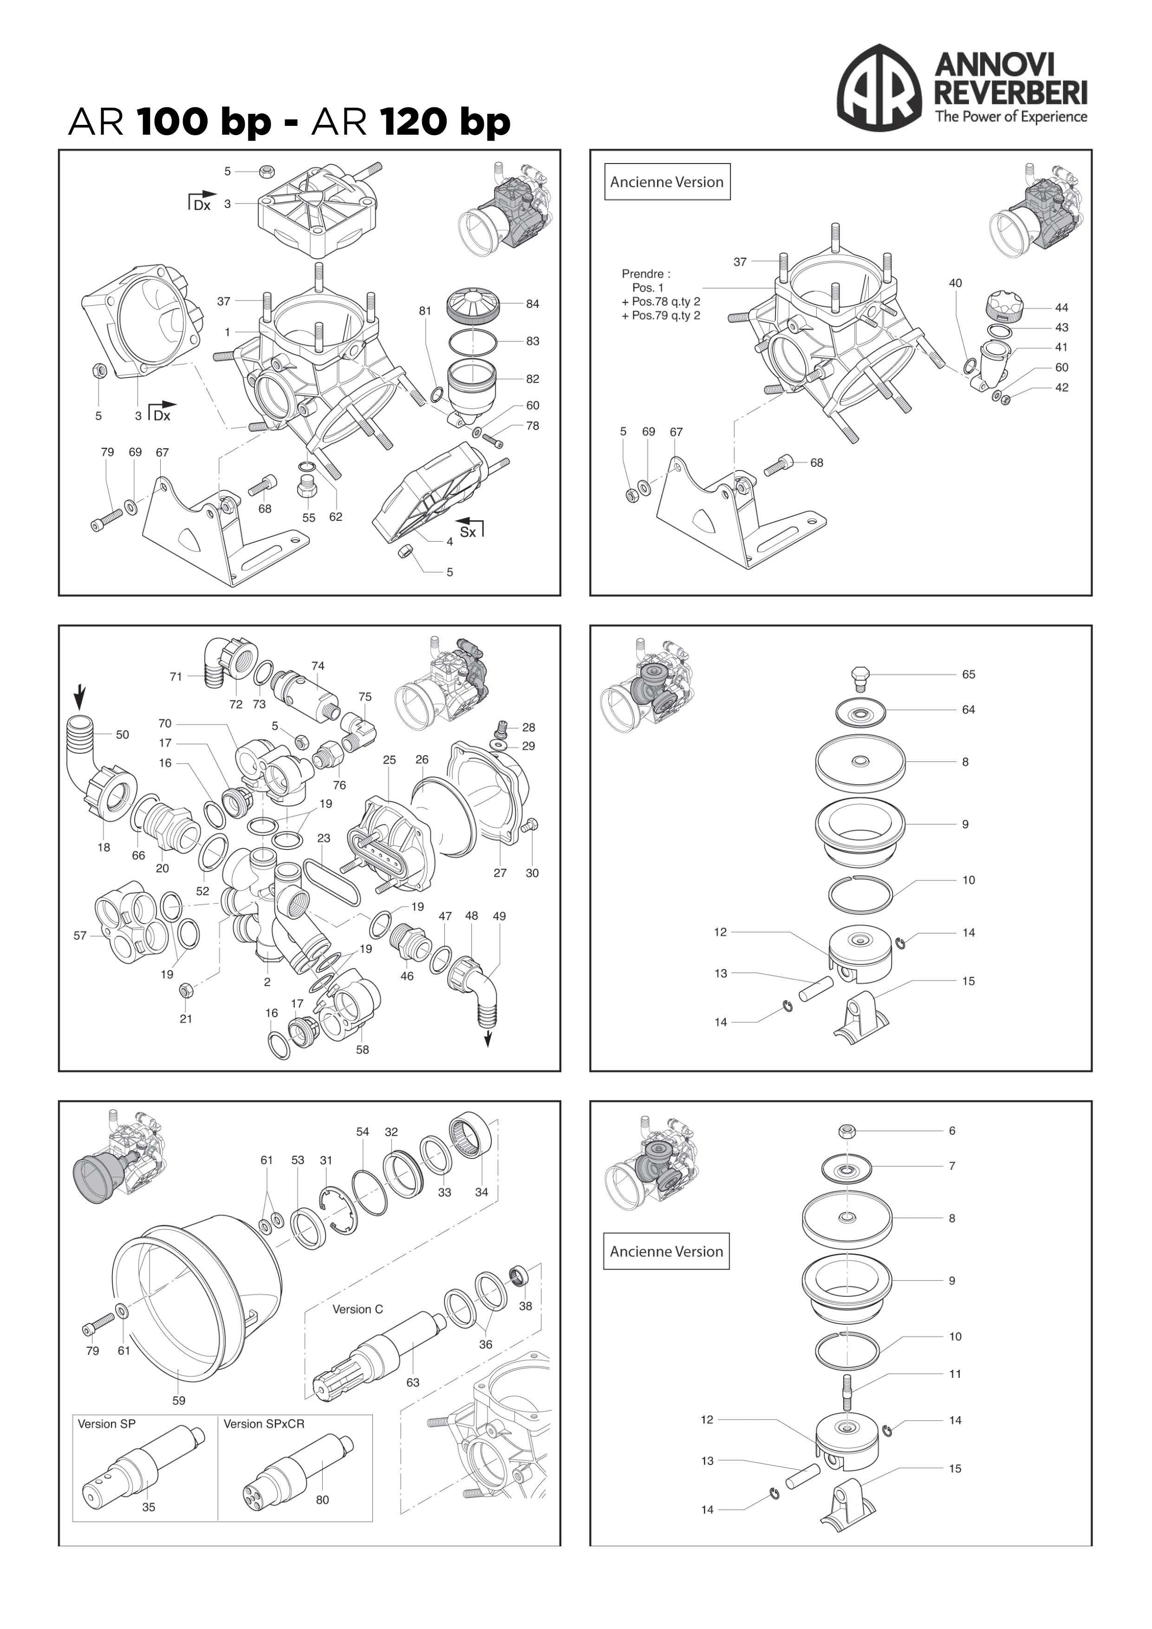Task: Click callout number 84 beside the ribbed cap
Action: point(532,304)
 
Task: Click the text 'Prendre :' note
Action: point(645,274)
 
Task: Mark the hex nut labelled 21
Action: point(185,990)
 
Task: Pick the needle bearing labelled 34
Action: point(471,1136)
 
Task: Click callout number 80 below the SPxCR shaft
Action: point(322,1500)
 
